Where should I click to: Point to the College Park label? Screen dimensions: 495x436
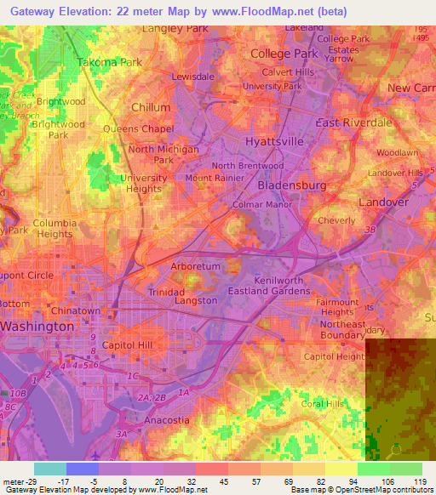pyautogui.click(x=284, y=54)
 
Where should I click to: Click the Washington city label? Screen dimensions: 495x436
pyautogui.click(x=37, y=326)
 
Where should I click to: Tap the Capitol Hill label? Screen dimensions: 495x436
pyautogui.click(x=127, y=345)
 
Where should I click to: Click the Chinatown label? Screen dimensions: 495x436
pyautogui.click(x=78, y=310)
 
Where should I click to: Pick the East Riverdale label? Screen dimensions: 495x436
pyautogui.click(x=353, y=122)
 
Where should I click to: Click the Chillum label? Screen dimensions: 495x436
pyautogui.click(x=152, y=107)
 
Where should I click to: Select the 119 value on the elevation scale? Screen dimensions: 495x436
pyautogui.click(x=420, y=481)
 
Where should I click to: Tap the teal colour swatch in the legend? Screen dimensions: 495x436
pyautogui.click(x=49, y=469)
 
